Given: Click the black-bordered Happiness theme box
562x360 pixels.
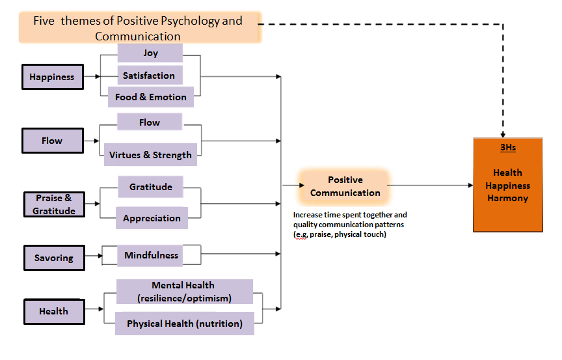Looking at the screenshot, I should [52, 77].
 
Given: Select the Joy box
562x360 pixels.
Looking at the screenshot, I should [150, 53].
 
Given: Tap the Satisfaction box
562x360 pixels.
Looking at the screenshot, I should [149, 76].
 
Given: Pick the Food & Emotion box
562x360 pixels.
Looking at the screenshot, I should [151, 97].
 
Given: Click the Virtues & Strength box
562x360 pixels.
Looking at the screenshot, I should [150, 155].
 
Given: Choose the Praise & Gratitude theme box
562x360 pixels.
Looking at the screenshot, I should [54, 204].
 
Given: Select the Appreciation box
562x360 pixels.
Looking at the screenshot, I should [152, 218].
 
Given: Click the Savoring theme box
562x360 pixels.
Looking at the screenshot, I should [54, 258].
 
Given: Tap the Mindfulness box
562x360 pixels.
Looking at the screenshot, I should [151, 255].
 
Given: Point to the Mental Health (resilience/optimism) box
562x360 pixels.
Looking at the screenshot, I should [183, 292].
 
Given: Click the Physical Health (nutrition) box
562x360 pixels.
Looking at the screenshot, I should [184, 324].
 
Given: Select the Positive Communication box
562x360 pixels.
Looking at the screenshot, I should [345, 186].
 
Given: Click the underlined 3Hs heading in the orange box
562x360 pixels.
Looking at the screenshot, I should [508, 148].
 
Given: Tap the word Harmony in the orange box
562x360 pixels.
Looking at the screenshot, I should [507, 198].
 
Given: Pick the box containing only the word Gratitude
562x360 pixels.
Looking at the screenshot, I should [150, 187].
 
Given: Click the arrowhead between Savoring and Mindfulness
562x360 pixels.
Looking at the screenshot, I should [100, 256].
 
